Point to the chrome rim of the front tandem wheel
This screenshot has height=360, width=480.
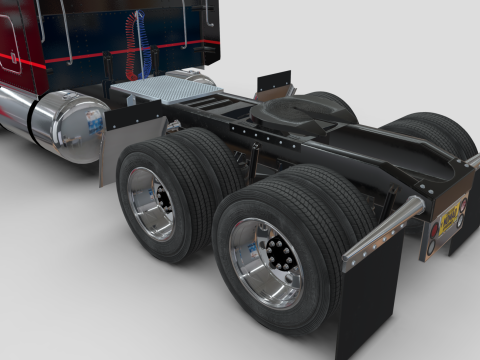coord(151,202)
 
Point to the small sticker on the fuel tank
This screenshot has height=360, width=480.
coord(94,119)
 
